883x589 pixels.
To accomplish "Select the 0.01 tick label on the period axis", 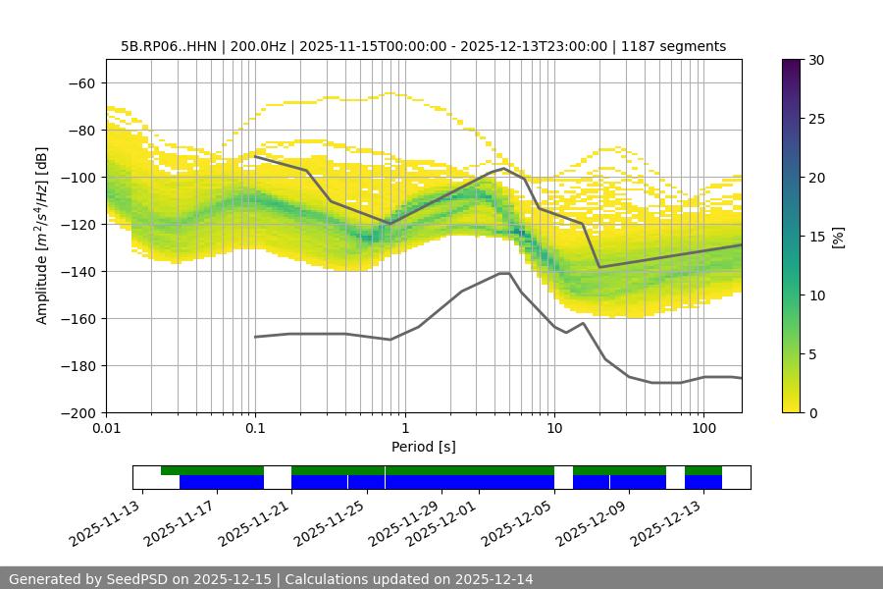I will pos(106,429).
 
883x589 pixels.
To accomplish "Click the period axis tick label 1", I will pos(404,429).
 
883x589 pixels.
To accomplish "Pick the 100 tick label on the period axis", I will pos(702,429).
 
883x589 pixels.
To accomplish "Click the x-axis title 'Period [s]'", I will pos(424,447).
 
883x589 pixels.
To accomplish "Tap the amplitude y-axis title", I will pos(42,236).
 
